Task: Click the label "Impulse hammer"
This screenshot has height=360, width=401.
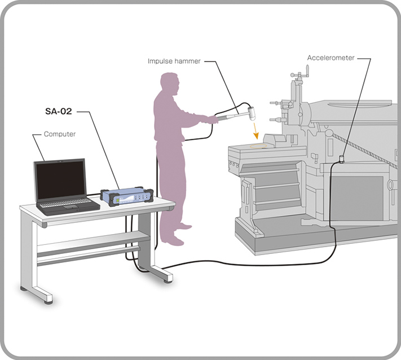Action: pyautogui.click(x=174, y=61)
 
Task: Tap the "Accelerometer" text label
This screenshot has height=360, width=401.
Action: pyautogui.click(x=331, y=58)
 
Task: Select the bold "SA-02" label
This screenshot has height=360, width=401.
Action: pyautogui.click(x=59, y=111)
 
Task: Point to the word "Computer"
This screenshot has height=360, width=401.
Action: pyautogui.click(x=60, y=134)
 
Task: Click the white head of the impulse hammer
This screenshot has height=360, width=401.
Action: pyautogui.click(x=252, y=113)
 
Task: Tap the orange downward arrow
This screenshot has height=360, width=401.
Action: pyautogui.click(x=255, y=131)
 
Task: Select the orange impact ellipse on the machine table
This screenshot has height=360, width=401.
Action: pyautogui.click(x=258, y=146)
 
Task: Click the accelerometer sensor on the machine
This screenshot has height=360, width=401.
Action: pyautogui.click(x=341, y=159)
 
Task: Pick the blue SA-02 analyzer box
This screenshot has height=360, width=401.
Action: pyautogui.click(x=127, y=196)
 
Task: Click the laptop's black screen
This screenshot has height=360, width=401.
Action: pyautogui.click(x=60, y=181)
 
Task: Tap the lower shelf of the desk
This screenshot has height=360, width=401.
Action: pyautogui.click(x=94, y=242)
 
